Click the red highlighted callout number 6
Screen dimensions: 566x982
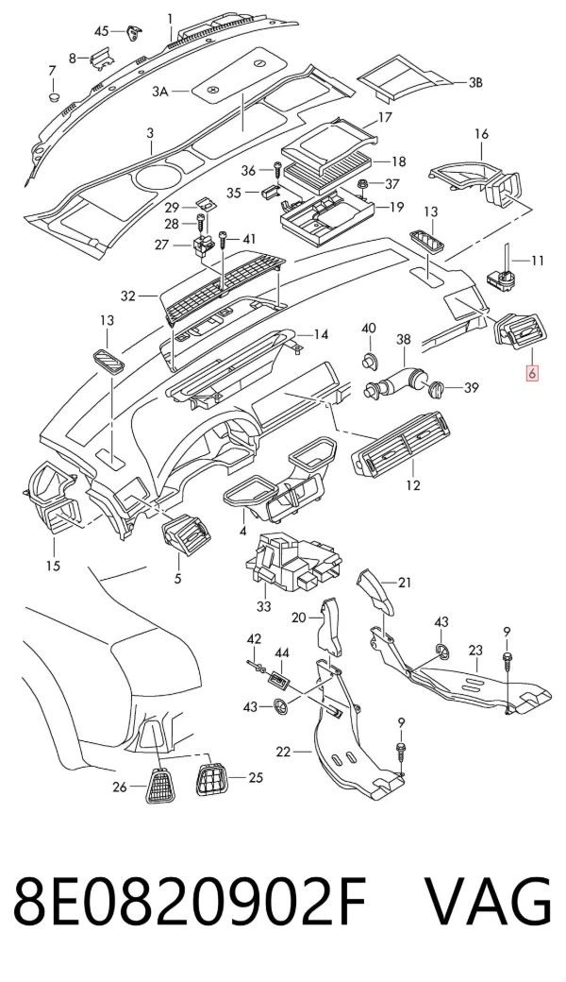pyautogui.click(x=532, y=374)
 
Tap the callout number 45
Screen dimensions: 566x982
pyautogui.click(x=101, y=31)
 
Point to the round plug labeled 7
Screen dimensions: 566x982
pyautogui.click(x=54, y=97)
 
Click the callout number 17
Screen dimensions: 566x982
pyautogui.click(x=384, y=117)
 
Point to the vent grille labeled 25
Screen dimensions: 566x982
pyautogui.click(x=212, y=780)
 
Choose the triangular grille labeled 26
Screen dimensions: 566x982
pyautogui.click(x=161, y=786)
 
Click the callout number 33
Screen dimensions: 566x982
pyautogui.click(x=264, y=606)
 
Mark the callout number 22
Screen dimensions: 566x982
pyautogui.click(x=283, y=751)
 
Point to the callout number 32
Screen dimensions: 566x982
pyautogui.click(x=127, y=296)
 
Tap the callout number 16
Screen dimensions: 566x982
pyautogui.click(x=481, y=134)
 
